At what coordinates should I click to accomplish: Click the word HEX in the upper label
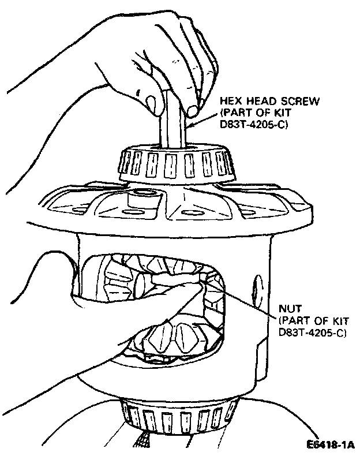pos(229,102)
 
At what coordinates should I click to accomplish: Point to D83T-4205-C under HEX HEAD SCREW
pos(254,124)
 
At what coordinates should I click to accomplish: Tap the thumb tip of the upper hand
pos(153,106)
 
